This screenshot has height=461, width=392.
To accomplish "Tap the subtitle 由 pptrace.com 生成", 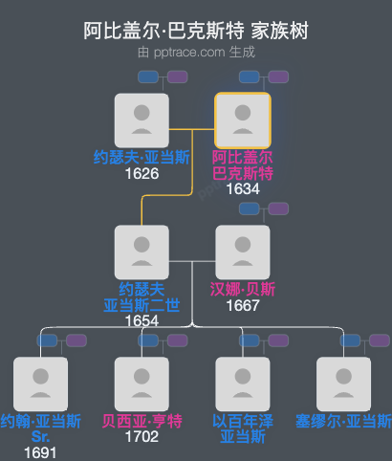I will click(x=195, y=53).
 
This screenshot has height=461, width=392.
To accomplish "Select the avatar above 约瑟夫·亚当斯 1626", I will click(x=142, y=120).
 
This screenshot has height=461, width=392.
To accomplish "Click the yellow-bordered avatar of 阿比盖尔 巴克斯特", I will click(x=243, y=120).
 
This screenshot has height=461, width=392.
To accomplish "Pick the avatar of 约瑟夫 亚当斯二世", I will click(x=142, y=252).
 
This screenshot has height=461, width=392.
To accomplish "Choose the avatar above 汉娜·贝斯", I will click(x=243, y=252).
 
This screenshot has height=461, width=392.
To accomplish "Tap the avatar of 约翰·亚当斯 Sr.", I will click(x=40, y=384).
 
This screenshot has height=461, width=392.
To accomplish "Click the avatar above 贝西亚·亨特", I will click(x=142, y=384).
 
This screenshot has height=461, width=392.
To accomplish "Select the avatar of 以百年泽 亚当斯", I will click(x=243, y=384).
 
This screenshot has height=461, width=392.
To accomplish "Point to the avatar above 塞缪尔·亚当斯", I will click(x=344, y=384).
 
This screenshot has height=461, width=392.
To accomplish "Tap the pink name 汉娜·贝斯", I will click(x=243, y=289).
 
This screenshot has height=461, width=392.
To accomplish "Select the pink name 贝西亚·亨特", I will click(x=142, y=421).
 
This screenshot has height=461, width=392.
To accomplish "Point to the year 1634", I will click(x=243, y=189).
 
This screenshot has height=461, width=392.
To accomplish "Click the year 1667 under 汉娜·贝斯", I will click(x=243, y=306).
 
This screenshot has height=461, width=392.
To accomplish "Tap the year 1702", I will click(x=142, y=437).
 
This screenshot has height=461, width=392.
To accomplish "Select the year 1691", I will click(x=40, y=452).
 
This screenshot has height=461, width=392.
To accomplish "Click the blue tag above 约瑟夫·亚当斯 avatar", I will click(x=148, y=77).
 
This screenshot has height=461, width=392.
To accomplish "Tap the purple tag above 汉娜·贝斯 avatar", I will click(x=277, y=209).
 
